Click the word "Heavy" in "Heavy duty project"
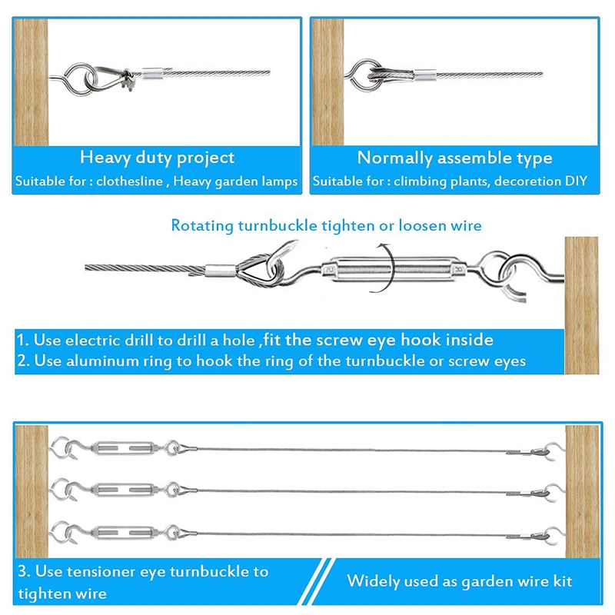pyautogui.click(x=105, y=158)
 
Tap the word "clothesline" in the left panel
pyautogui.click(x=129, y=181)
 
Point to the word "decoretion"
pyautogui.click(x=527, y=181)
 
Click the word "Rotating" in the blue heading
pyautogui.click(x=202, y=226)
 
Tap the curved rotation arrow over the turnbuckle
pyautogui.click(x=387, y=268)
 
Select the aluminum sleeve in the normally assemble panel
pyautogui.click(x=425, y=75)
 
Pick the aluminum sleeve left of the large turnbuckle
pyautogui.click(x=221, y=270)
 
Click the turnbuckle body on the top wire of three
pyautogui.click(x=124, y=447)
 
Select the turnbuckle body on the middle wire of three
pyautogui.click(x=124, y=490)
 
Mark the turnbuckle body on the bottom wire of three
pyautogui.click(x=124, y=532)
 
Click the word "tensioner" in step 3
pyautogui.click(x=101, y=571)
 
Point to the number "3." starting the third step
pyautogui.click(x=24, y=571)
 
